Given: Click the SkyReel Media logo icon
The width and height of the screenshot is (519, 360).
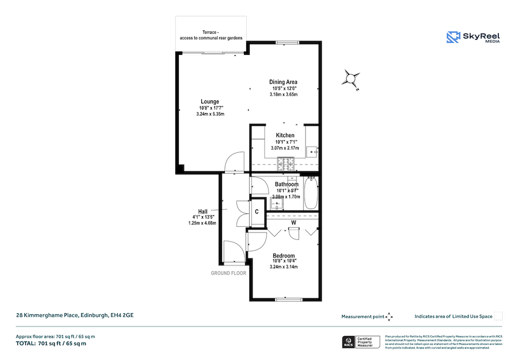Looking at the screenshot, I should pyautogui.click(x=454, y=37).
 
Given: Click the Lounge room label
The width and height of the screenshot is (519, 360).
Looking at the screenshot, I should pyautogui.click(x=209, y=102).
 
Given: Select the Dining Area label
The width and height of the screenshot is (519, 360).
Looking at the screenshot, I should pyautogui.click(x=283, y=81).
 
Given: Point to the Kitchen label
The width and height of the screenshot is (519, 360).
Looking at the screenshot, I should pyautogui.click(x=285, y=136).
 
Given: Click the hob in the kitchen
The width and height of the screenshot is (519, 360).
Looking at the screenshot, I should pyautogui.click(x=285, y=164).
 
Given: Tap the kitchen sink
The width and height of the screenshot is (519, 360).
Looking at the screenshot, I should pyautogui.click(x=312, y=152).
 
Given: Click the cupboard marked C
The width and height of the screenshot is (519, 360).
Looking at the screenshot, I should pyautogui.click(x=257, y=212).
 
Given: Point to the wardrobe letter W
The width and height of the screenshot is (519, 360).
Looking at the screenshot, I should pyautogui.click(x=294, y=222).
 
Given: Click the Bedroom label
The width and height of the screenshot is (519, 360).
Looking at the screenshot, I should pyautogui.click(x=283, y=256).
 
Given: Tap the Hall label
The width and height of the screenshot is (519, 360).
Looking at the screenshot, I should pyautogui.click(x=203, y=211).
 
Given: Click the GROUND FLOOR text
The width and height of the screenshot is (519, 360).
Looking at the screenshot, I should pyautogui.click(x=228, y=273).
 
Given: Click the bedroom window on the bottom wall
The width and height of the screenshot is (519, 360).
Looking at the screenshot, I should pyautogui.click(x=287, y=299).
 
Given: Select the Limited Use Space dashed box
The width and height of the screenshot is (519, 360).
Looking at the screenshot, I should pyautogui.click(x=498, y=316).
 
